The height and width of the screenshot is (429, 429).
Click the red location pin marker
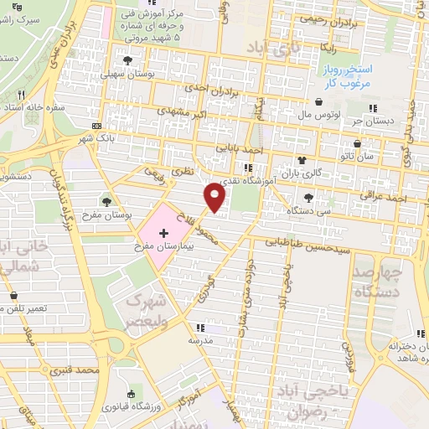tap(214, 198)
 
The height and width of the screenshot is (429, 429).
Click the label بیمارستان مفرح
tap(163, 248)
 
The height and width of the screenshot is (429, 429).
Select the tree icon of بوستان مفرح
tap(106, 200)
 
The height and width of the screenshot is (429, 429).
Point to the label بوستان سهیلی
tap(126, 74)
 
